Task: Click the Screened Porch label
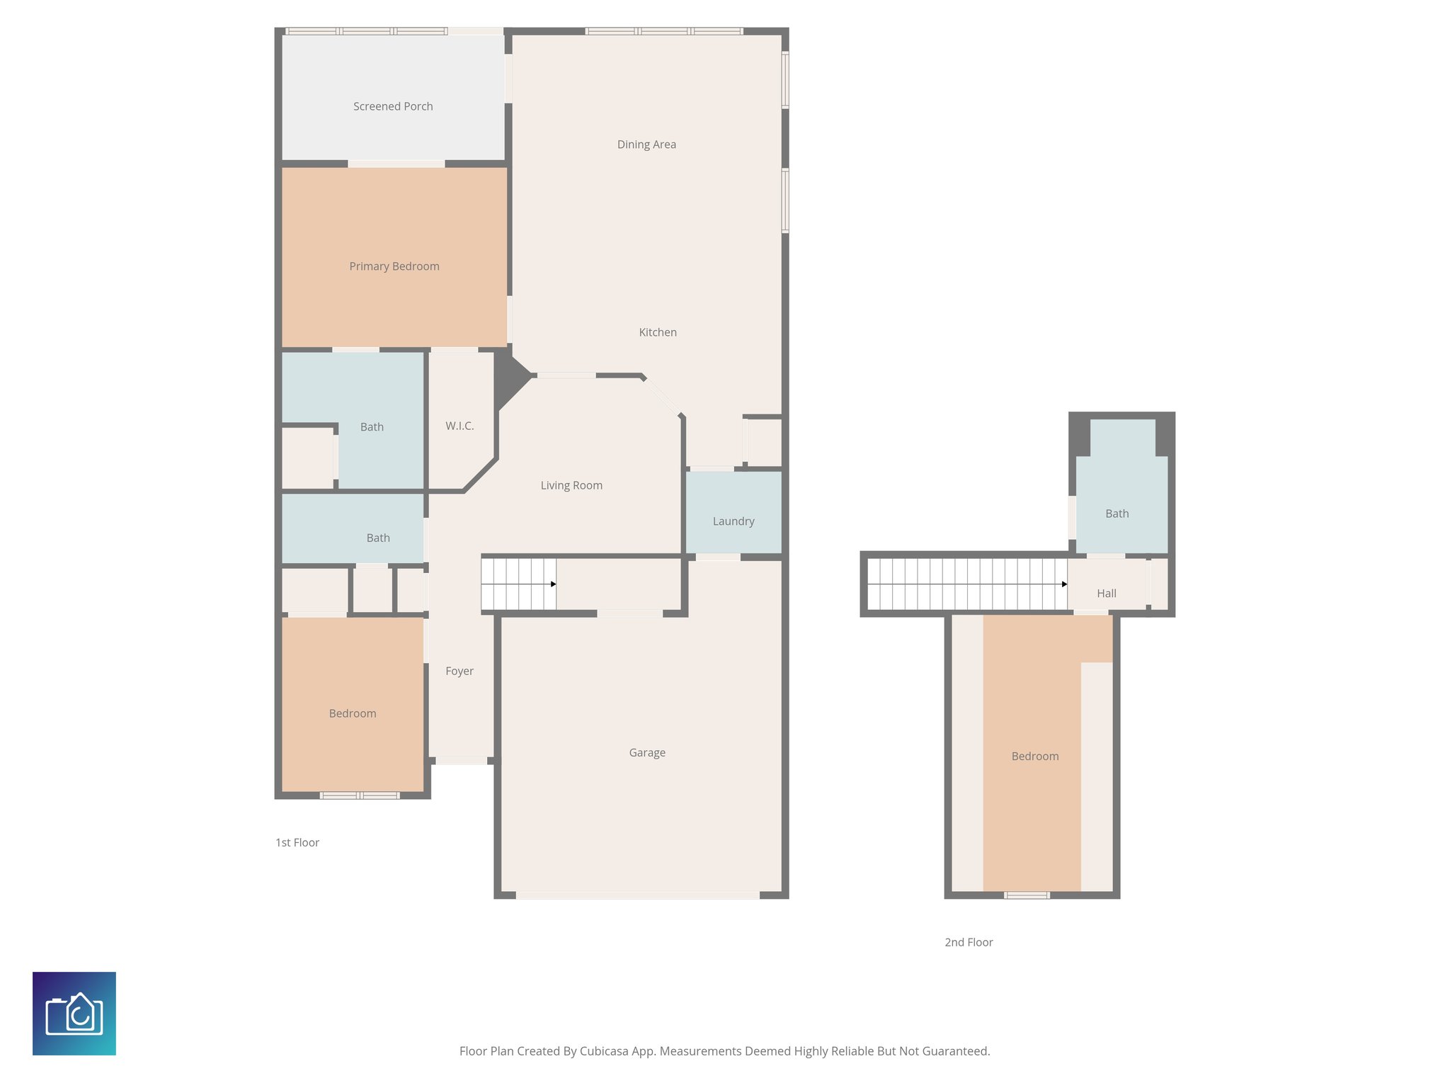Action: click(x=393, y=106)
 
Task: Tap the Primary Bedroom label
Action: click(x=394, y=266)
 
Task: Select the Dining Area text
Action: click(x=646, y=144)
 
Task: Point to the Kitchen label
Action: click(x=658, y=332)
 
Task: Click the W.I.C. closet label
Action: click(x=459, y=426)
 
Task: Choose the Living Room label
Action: click(x=571, y=485)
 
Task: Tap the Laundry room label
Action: click(x=733, y=521)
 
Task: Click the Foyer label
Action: click(x=459, y=671)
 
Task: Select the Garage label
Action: click(x=647, y=752)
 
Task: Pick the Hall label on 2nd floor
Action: click(x=1107, y=594)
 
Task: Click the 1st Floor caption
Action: click(x=297, y=842)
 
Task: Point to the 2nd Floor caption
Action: click(x=969, y=942)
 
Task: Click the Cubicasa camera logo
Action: click(x=74, y=1014)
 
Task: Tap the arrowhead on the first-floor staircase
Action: click(x=554, y=584)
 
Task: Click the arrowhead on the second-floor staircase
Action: click(x=1064, y=584)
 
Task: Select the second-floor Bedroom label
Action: click(x=1035, y=756)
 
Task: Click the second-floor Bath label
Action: click(x=1117, y=514)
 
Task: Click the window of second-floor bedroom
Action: click(x=1027, y=895)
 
